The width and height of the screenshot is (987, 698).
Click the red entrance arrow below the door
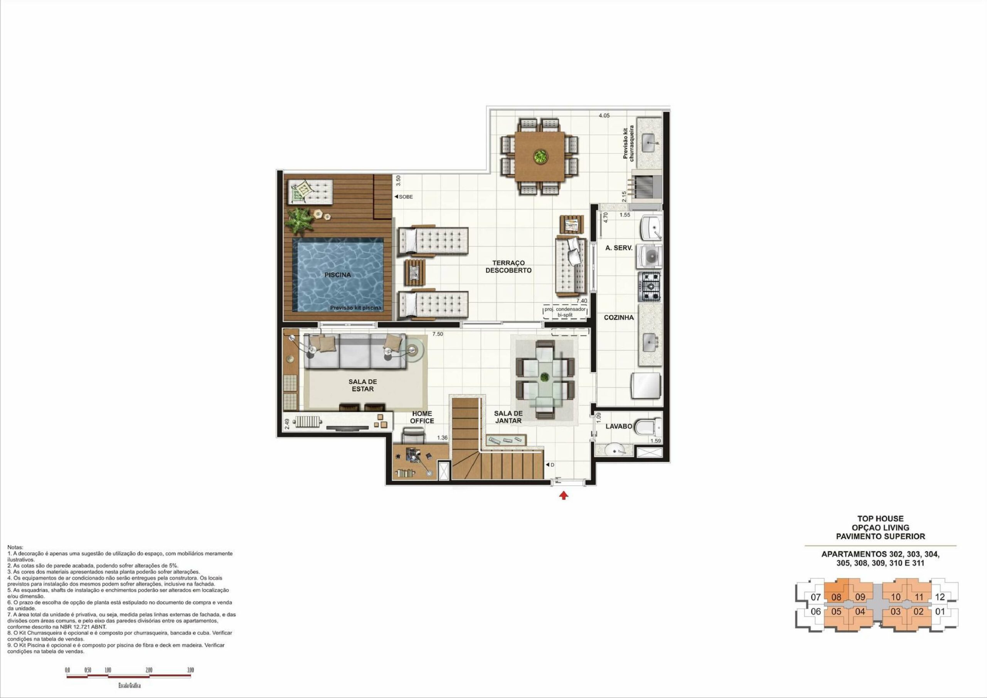pos(564,496)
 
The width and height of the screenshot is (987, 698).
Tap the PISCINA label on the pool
pos(337,275)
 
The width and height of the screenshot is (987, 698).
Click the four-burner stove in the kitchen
pos(649,287)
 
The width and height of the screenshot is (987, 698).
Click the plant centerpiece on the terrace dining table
pos(539,156)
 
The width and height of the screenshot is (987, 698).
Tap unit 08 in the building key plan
pos(836,597)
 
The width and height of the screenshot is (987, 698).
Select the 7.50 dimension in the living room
pos(438,334)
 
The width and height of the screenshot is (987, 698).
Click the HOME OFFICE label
pos(422,417)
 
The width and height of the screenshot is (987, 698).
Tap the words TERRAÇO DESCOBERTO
pos(509,266)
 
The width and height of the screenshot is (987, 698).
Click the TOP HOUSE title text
pos(880,519)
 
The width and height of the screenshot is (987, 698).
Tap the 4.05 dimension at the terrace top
pos(604,115)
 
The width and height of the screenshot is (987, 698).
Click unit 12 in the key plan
pos(940,597)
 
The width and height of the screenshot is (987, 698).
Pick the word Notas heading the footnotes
pos(15,548)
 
